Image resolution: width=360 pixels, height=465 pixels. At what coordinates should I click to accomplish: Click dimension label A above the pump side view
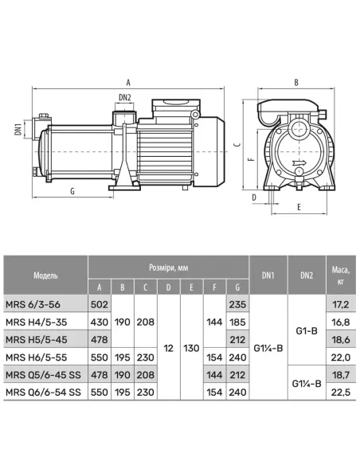tap(128, 82)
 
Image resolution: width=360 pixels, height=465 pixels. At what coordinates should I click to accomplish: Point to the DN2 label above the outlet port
tap(125, 97)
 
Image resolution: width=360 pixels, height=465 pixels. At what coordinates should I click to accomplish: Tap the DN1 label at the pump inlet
tap(18, 129)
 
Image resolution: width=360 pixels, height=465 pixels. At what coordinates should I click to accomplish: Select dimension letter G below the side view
tap(72, 191)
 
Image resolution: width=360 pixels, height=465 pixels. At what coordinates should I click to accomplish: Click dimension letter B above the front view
tap(296, 83)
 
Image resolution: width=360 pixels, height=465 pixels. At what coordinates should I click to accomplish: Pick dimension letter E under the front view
tap(299, 207)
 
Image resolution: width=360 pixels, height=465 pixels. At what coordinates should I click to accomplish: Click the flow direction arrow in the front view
tap(300, 162)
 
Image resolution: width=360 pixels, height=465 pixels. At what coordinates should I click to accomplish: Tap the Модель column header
tap(45, 275)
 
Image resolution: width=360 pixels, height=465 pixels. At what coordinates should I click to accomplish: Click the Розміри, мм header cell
tap(168, 268)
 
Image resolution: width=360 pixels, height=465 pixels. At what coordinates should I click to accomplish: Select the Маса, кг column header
tap(341, 275)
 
